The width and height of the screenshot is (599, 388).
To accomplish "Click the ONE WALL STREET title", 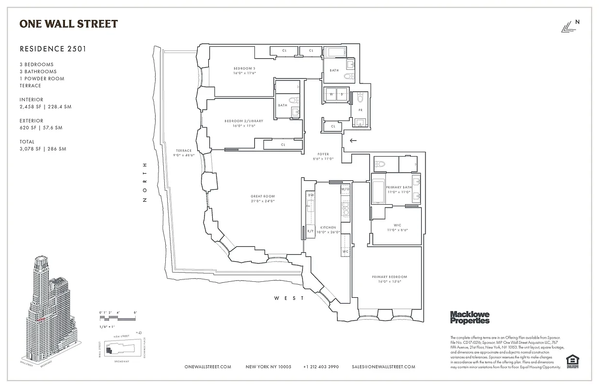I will coord(68,24).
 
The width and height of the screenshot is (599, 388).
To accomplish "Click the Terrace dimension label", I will coord(184,153).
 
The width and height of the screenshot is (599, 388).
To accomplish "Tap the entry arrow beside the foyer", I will coord(353,141).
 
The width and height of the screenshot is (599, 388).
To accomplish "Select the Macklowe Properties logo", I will coord(470,317).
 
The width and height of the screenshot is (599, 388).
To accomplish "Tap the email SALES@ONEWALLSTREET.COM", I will coord(383,367).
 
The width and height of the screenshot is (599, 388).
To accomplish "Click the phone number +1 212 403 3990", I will coord(321,367).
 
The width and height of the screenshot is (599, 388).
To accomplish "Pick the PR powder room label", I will coord(360,110).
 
